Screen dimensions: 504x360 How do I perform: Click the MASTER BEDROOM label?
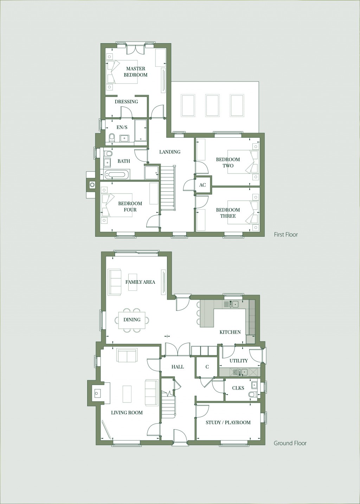135,72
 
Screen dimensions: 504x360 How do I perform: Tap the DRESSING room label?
126,102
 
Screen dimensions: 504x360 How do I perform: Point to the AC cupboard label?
202,185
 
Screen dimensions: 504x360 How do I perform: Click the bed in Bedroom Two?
243,162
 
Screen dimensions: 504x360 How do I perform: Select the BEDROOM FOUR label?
130,207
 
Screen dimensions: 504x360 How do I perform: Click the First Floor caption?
286,235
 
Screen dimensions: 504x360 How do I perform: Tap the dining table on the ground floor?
132,320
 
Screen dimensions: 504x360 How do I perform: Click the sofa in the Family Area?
115,282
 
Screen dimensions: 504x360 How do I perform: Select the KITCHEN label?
230,332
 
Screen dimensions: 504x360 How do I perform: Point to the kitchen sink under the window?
235,304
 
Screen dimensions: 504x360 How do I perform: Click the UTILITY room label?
238,361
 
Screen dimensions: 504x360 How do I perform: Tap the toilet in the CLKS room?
252,395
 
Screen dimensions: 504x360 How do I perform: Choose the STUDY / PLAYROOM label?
228,423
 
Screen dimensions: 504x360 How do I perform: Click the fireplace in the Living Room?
97,393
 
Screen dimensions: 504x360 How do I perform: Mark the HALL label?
178,367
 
